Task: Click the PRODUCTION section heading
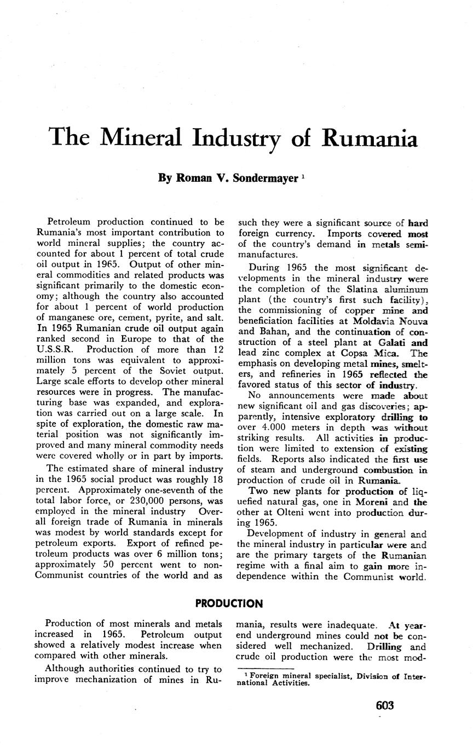229,603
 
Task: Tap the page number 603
385,706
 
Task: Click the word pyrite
168,318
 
